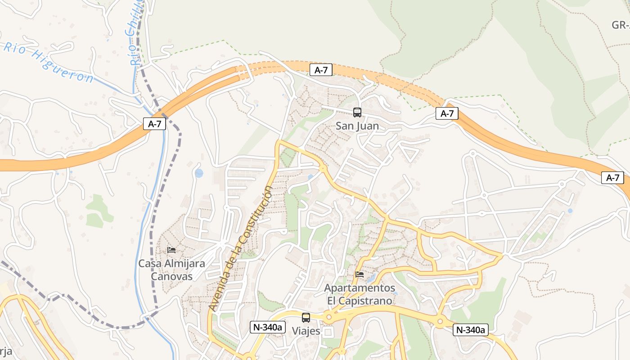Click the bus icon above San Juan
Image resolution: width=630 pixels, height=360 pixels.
coord(357,112)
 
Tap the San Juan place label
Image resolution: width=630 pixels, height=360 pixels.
coord(357,126)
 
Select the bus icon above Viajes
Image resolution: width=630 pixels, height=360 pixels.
coord(306,317)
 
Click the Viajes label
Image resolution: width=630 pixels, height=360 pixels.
coord(306,331)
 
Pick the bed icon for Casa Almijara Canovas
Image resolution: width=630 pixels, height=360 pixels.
coord(171,250)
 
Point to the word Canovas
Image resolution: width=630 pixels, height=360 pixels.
coord(171,276)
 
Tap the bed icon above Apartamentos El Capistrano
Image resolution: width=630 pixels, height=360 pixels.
coord(360,274)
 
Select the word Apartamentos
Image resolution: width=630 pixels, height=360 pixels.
coord(360,288)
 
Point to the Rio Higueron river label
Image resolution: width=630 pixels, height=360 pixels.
coord(49,63)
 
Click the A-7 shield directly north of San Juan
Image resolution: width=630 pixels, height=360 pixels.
coord(321,70)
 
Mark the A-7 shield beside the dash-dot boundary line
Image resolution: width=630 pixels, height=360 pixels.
coord(154,124)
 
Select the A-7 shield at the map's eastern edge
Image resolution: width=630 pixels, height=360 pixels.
coord(612,178)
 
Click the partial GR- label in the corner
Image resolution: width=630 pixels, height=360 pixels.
coord(621,25)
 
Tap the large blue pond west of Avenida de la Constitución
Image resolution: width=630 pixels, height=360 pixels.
coord(199,173)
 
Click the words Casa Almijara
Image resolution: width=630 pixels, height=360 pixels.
coord(171,264)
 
